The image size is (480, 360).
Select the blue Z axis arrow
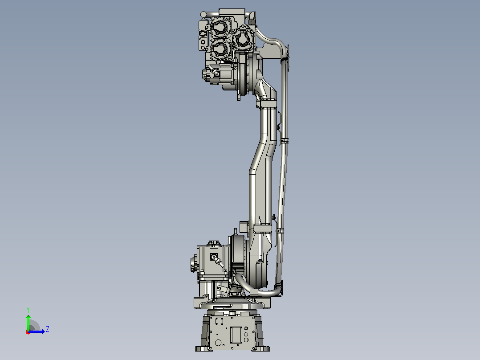[37, 331]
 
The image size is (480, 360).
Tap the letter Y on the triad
[28, 310]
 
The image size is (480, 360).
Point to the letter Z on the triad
[48, 329]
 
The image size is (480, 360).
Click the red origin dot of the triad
[28, 332]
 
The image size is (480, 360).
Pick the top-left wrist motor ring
[220, 27]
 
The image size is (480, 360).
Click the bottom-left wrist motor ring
[220, 49]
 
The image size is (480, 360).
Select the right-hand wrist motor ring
[244, 38]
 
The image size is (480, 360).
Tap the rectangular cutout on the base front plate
[236, 335]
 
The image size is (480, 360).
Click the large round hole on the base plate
[218, 343]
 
